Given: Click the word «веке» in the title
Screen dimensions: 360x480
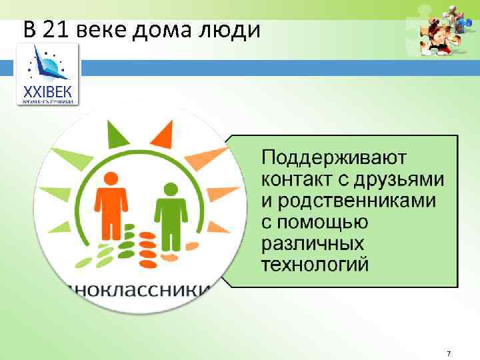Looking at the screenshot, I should [x=102, y=30].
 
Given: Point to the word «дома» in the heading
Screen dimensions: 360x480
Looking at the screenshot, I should [x=162, y=30].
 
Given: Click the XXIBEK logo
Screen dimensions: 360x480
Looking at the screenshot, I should [x=47, y=74].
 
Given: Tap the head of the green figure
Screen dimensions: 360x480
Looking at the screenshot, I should [x=168, y=187].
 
